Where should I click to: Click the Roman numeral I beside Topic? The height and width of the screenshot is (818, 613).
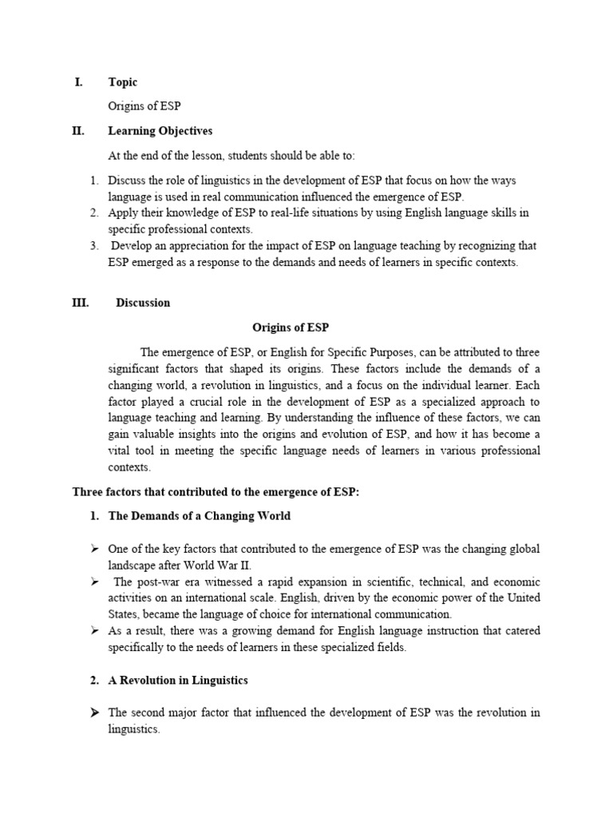coord(78,82)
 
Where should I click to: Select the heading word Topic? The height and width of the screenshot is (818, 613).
coord(123,82)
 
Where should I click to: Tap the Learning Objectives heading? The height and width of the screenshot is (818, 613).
coord(160,131)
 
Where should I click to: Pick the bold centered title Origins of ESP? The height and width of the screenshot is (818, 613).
coord(291,328)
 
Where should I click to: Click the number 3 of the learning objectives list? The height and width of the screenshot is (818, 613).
coord(93,246)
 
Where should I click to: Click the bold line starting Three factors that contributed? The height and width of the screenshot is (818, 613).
coord(216,492)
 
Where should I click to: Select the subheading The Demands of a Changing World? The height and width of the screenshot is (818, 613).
coord(199,516)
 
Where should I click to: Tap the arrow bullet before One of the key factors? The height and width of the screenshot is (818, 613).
coord(94,549)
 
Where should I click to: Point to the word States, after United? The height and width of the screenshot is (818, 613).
coord(125,614)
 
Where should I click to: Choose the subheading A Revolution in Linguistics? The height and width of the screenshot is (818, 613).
coord(177,681)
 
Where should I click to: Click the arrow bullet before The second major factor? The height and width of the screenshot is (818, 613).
coord(94,713)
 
